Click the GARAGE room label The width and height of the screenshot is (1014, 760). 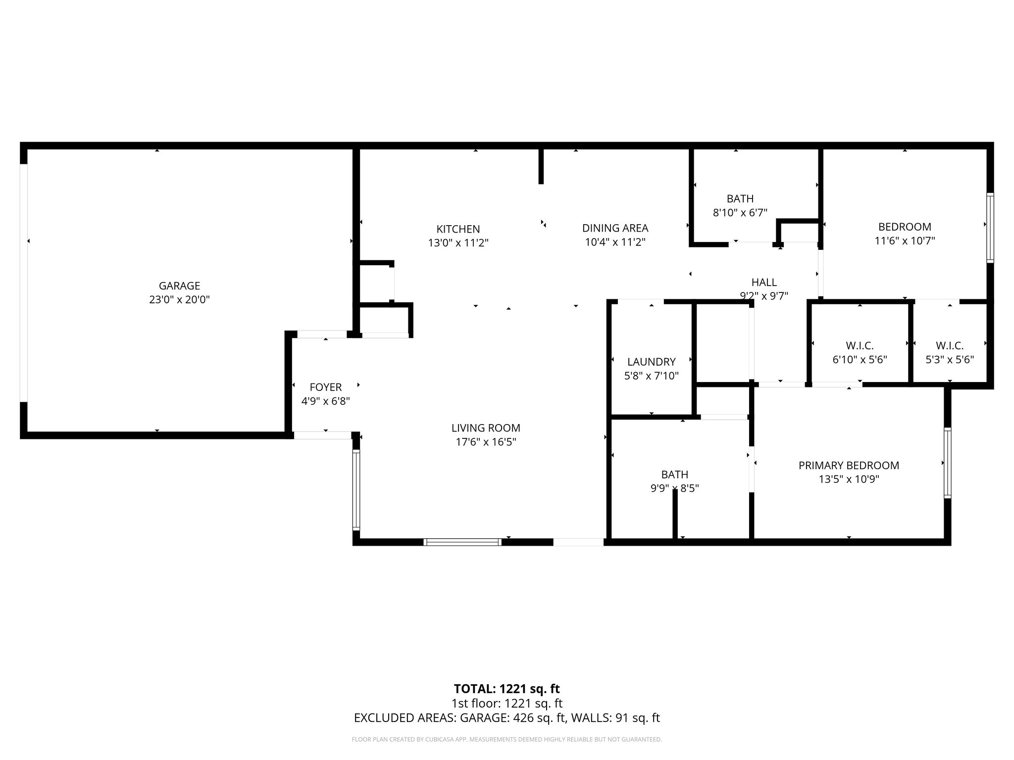179,285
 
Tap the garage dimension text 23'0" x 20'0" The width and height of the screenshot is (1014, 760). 179,299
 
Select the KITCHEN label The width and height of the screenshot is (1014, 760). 458,229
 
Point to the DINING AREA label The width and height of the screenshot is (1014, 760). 615,228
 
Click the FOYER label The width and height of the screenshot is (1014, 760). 326,387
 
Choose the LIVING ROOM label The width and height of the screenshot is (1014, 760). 486,428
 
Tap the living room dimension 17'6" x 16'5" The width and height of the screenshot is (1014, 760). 486,442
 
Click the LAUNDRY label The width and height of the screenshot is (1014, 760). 651,362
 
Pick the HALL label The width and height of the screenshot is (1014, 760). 764,282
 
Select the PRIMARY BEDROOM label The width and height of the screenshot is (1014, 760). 849,465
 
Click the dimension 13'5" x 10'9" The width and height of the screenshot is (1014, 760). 849,479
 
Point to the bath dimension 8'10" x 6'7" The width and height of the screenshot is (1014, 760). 740,213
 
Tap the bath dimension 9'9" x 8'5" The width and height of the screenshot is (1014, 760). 674,488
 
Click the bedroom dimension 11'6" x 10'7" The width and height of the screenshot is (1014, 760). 904,241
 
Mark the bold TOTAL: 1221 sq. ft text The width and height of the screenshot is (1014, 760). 507,689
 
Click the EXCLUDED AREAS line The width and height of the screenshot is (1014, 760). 507,718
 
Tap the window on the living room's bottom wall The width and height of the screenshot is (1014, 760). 462,542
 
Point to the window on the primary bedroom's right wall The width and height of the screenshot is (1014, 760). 947,463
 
